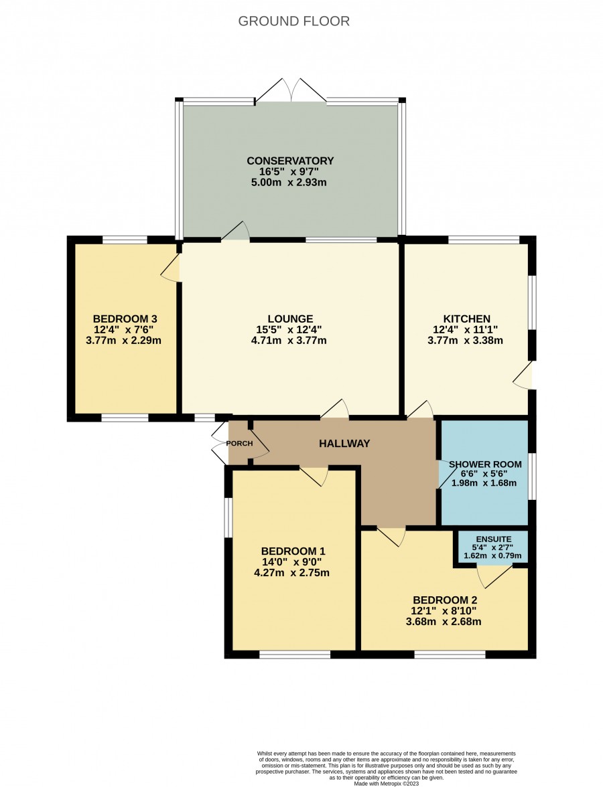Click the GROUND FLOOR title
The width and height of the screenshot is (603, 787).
293,21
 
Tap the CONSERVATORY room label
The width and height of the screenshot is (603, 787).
290,161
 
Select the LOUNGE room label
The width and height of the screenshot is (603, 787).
290,319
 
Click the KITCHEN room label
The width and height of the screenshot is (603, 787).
466,319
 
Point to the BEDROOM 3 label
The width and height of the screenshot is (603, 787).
125,319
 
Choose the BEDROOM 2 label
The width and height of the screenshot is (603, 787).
445,600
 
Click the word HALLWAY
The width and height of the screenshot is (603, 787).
344,443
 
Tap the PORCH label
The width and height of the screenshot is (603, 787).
239,444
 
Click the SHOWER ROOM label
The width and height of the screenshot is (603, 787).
485,464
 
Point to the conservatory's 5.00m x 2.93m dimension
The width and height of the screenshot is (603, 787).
289,182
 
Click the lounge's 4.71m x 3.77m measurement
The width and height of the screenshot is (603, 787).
289,340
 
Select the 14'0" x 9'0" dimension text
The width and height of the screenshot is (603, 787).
291,562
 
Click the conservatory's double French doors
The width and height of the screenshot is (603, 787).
291,91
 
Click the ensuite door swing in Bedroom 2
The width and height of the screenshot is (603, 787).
494,576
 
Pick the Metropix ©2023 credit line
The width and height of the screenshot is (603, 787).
386,783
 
